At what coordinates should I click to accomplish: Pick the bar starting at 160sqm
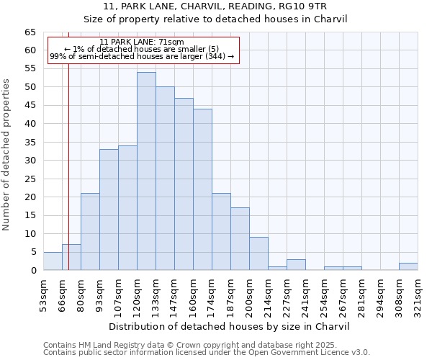(x=202, y=189)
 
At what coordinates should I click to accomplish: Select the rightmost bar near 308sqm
(x=408, y=266)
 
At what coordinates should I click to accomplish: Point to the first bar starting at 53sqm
(x=53, y=261)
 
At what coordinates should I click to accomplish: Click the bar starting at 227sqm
(x=296, y=264)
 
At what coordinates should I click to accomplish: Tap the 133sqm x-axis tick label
(x=156, y=294)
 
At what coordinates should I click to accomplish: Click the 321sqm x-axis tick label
(x=418, y=294)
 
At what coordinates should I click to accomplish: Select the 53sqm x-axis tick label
(x=43, y=294)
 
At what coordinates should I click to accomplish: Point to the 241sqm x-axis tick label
(x=305, y=294)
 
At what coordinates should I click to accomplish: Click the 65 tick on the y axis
(x=30, y=32)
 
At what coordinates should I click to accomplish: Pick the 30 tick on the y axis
(x=30, y=161)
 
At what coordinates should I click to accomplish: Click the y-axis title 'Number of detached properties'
(x=7, y=155)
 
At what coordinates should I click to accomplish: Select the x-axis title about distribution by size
(x=230, y=326)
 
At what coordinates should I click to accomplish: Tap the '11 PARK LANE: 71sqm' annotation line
(x=142, y=42)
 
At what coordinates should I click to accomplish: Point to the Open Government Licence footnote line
(x=207, y=352)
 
